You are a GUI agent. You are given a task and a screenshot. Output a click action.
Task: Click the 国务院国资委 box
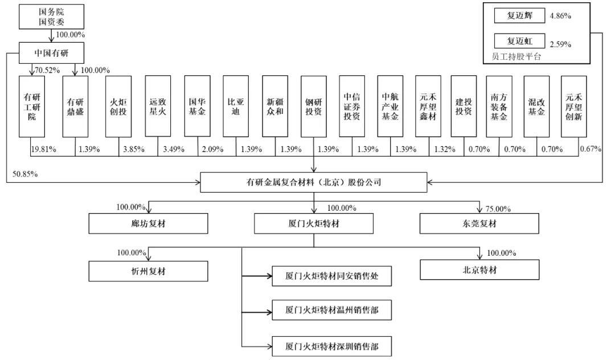click(x=51, y=17)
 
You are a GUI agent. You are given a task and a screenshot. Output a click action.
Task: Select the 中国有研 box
click(x=51, y=53)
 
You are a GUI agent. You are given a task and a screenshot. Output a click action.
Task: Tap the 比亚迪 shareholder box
click(x=236, y=107)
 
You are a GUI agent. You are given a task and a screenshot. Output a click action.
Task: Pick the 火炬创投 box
click(x=118, y=107)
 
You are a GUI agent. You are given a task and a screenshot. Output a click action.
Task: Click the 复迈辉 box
click(x=519, y=16)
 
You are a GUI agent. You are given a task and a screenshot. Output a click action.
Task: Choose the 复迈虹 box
click(x=519, y=41)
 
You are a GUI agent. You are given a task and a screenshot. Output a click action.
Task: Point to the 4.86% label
click(x=560, y=16)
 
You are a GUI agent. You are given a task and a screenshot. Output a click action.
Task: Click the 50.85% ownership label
click(x=25, y=174)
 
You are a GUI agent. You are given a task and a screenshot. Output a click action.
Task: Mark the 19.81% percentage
click(x=43, y=149)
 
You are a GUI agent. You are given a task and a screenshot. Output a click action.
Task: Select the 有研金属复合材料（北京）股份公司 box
click(x=313, y=182)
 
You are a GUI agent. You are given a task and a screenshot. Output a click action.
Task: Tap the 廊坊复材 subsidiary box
click(x=148, y=223)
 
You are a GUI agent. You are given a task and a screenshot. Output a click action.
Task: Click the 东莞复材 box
click(x=479, y=223)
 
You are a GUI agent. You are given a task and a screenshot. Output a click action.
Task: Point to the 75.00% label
click(x=498, y=209)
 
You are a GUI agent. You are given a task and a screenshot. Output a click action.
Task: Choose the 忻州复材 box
click(x=148, y=271)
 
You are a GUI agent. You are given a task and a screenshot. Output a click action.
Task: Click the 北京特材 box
click(x=479, y=270)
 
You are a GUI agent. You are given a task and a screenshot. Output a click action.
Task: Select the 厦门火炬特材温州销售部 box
click(x=332, y=310)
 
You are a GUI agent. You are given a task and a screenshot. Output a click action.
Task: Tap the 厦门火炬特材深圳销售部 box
click(x=332, y=346)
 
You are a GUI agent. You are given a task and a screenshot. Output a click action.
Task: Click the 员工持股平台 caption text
click(x=516, y=57)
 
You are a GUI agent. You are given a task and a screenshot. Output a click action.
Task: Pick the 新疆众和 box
click(x=275, y=107)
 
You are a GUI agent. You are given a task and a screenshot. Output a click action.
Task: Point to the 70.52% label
click(x=47, y=70)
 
